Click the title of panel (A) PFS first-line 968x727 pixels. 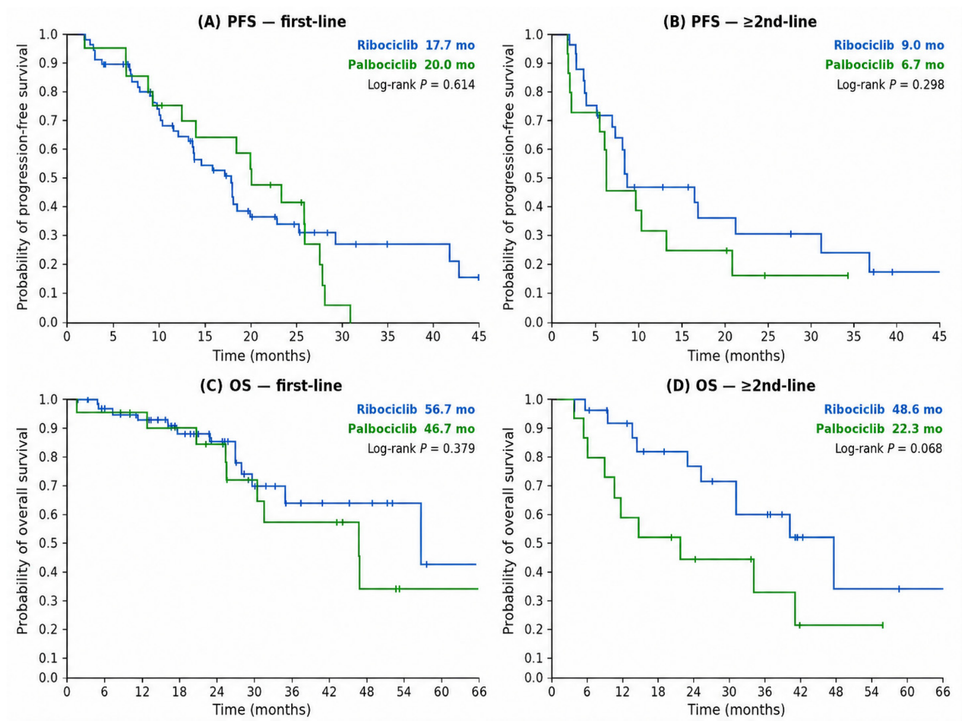click(x=272, y=22)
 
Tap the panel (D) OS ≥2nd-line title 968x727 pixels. click(x=741, y=386)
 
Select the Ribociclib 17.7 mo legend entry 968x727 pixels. click(x=416, y=45)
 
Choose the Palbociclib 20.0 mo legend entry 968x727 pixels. click(x=411, y=65)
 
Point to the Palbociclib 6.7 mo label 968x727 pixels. click(x=884, y=65)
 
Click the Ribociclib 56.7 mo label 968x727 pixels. click(x=416, y=409)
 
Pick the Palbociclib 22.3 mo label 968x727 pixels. click(x=879, y=429)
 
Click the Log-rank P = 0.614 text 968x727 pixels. click(x=421, y=85)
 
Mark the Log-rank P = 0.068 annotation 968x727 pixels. click(x=888, y=448)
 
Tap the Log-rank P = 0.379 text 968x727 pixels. click(x=421, y=448)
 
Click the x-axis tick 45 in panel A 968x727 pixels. click(x=478, y=336)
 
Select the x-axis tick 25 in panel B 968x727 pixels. click(x=768, y=336)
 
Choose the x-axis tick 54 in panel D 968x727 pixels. click(x=871, y=692)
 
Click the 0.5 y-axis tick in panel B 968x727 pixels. click(x=534, y=178)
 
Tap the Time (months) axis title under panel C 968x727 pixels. click(x=262, y=710)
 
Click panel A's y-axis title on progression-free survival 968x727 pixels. click(x=22, y=178)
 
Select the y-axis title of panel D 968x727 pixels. click(x=508, y=531)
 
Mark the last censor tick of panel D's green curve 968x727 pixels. click(x=882, y=625)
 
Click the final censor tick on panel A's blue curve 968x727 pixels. click(x=478, y=278)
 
